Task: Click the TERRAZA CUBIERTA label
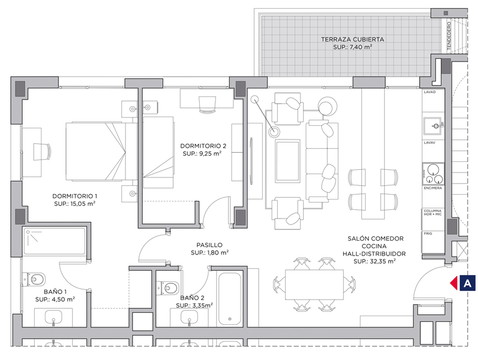(353, 40)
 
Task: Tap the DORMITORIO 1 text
(75, 196)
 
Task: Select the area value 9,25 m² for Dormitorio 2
(202, 154)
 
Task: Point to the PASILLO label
(209, 245)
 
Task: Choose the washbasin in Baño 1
(54, 318)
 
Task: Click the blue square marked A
(467, 283)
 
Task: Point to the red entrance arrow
(454, 283)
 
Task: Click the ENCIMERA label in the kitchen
(433, 188)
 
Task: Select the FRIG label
(428, 234)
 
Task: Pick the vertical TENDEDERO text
(449, 36)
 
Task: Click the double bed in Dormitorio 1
(101, 151)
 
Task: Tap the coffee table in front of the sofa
(287, 161)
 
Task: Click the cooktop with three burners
(433, 174)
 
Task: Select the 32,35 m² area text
(374, 261)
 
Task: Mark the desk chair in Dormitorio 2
(207, 105)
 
